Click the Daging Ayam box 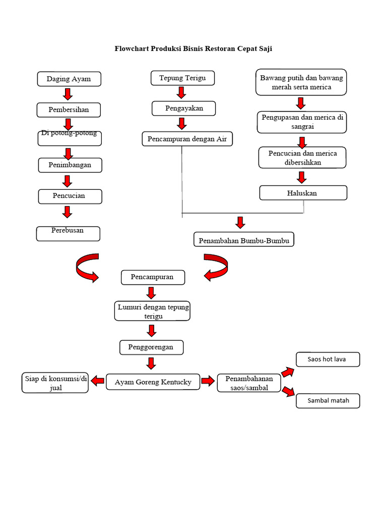point(69,79)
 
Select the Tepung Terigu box point(182,78)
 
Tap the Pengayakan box point(184,108)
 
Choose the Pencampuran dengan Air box point(187,139)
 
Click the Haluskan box point(303,193)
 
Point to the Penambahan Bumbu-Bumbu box point(243,239)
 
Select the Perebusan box point(68,233)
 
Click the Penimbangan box point(70,165)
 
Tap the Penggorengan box point(151,347)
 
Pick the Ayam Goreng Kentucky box point(153,382)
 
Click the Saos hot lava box point(328,359)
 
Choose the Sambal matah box point(328,401)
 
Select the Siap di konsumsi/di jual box point(55,383)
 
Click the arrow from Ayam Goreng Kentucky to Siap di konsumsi point(98,382)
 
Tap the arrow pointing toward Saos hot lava point(288,372)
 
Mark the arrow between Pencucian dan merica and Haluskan point(301,177)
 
